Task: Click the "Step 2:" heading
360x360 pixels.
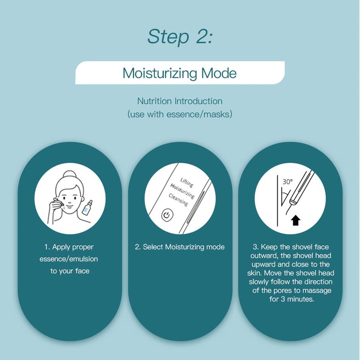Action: point(180,36)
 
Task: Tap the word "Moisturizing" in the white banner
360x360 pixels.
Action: point(160,73)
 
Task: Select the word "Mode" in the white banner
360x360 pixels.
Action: point(219,73)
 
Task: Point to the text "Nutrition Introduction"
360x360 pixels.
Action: point(180,101)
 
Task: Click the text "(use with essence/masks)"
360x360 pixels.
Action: point(180,114)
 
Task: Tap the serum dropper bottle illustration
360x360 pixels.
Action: point(88,208)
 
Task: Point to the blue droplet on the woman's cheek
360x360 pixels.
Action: point(64,207)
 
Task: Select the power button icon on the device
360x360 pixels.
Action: point(167,215)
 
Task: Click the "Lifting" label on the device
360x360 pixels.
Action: point(186,182)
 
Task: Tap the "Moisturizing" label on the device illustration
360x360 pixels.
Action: point(182,191)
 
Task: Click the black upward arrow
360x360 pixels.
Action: point(296,220)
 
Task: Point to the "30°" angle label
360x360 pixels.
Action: point(288,182)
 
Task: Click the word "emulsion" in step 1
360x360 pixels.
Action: point(83,259)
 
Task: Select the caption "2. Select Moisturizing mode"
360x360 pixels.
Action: point(180,247)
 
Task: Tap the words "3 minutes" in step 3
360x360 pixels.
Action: point(297,299)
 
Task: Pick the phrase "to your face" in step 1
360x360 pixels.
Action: point(70,271)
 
